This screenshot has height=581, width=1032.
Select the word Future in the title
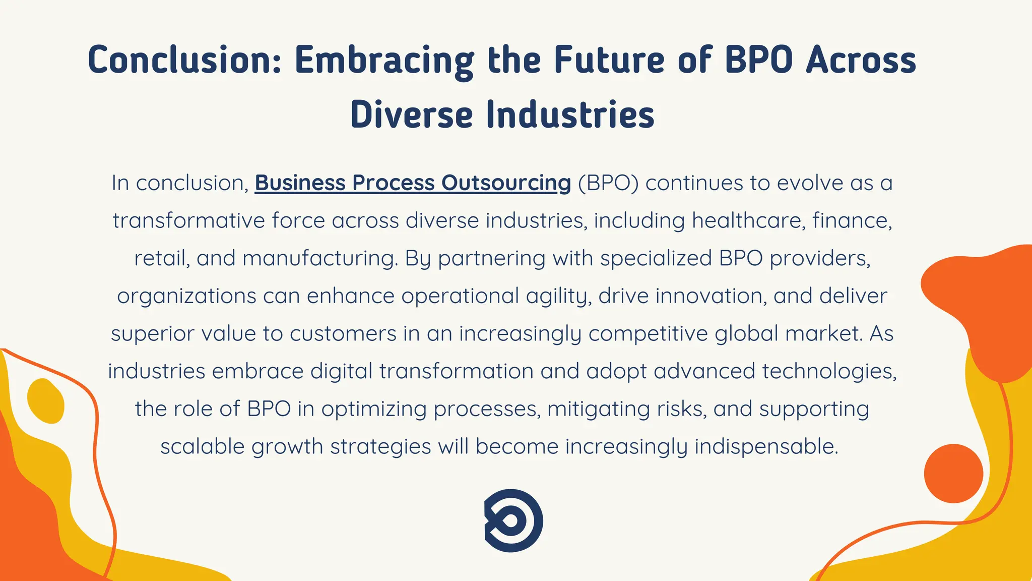point(609,60)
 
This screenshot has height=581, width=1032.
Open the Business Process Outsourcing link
point(413,183)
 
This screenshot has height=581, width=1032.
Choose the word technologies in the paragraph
point(829,371)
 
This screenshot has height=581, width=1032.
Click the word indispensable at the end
point(766,446)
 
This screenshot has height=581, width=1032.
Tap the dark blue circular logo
point(513,520)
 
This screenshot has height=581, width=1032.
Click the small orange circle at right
point(953,473)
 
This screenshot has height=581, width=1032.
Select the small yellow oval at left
point(46,401)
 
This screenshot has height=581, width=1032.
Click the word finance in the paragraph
point(852,221)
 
